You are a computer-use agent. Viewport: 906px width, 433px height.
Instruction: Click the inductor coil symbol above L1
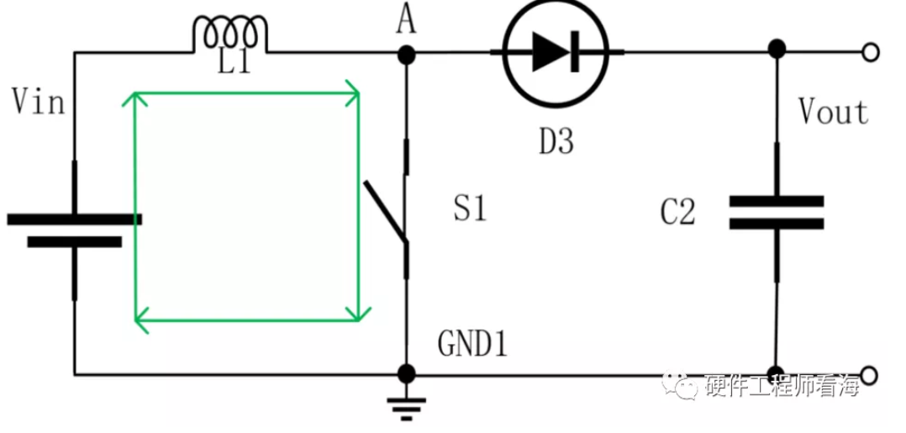point(230,34)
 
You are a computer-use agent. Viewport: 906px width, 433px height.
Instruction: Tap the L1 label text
point(234,62)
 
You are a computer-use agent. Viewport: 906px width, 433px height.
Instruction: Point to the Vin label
point(38,102)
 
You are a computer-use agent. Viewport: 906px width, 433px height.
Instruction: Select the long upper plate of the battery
point(74,219)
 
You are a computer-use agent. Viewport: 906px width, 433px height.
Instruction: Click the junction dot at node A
point(406,55)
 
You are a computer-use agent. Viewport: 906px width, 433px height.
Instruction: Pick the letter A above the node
point(406,22)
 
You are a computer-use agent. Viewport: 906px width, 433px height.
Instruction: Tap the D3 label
point(556,141)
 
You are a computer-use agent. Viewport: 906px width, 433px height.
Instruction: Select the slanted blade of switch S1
point(386,212)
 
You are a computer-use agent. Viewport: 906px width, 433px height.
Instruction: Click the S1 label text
point(470,209)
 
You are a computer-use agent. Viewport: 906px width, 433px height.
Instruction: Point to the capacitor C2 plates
point(776,212)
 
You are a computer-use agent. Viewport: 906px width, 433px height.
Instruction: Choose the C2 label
point(677,212)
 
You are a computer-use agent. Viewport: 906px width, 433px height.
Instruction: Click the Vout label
point(833,112)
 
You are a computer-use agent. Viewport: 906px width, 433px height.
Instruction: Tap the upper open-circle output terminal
point(870,53)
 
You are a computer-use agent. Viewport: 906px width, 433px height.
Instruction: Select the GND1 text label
point(472,344)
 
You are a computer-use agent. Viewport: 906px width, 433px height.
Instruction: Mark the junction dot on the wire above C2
point(776,49)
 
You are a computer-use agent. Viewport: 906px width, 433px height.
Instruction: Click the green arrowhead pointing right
point(352,92)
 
